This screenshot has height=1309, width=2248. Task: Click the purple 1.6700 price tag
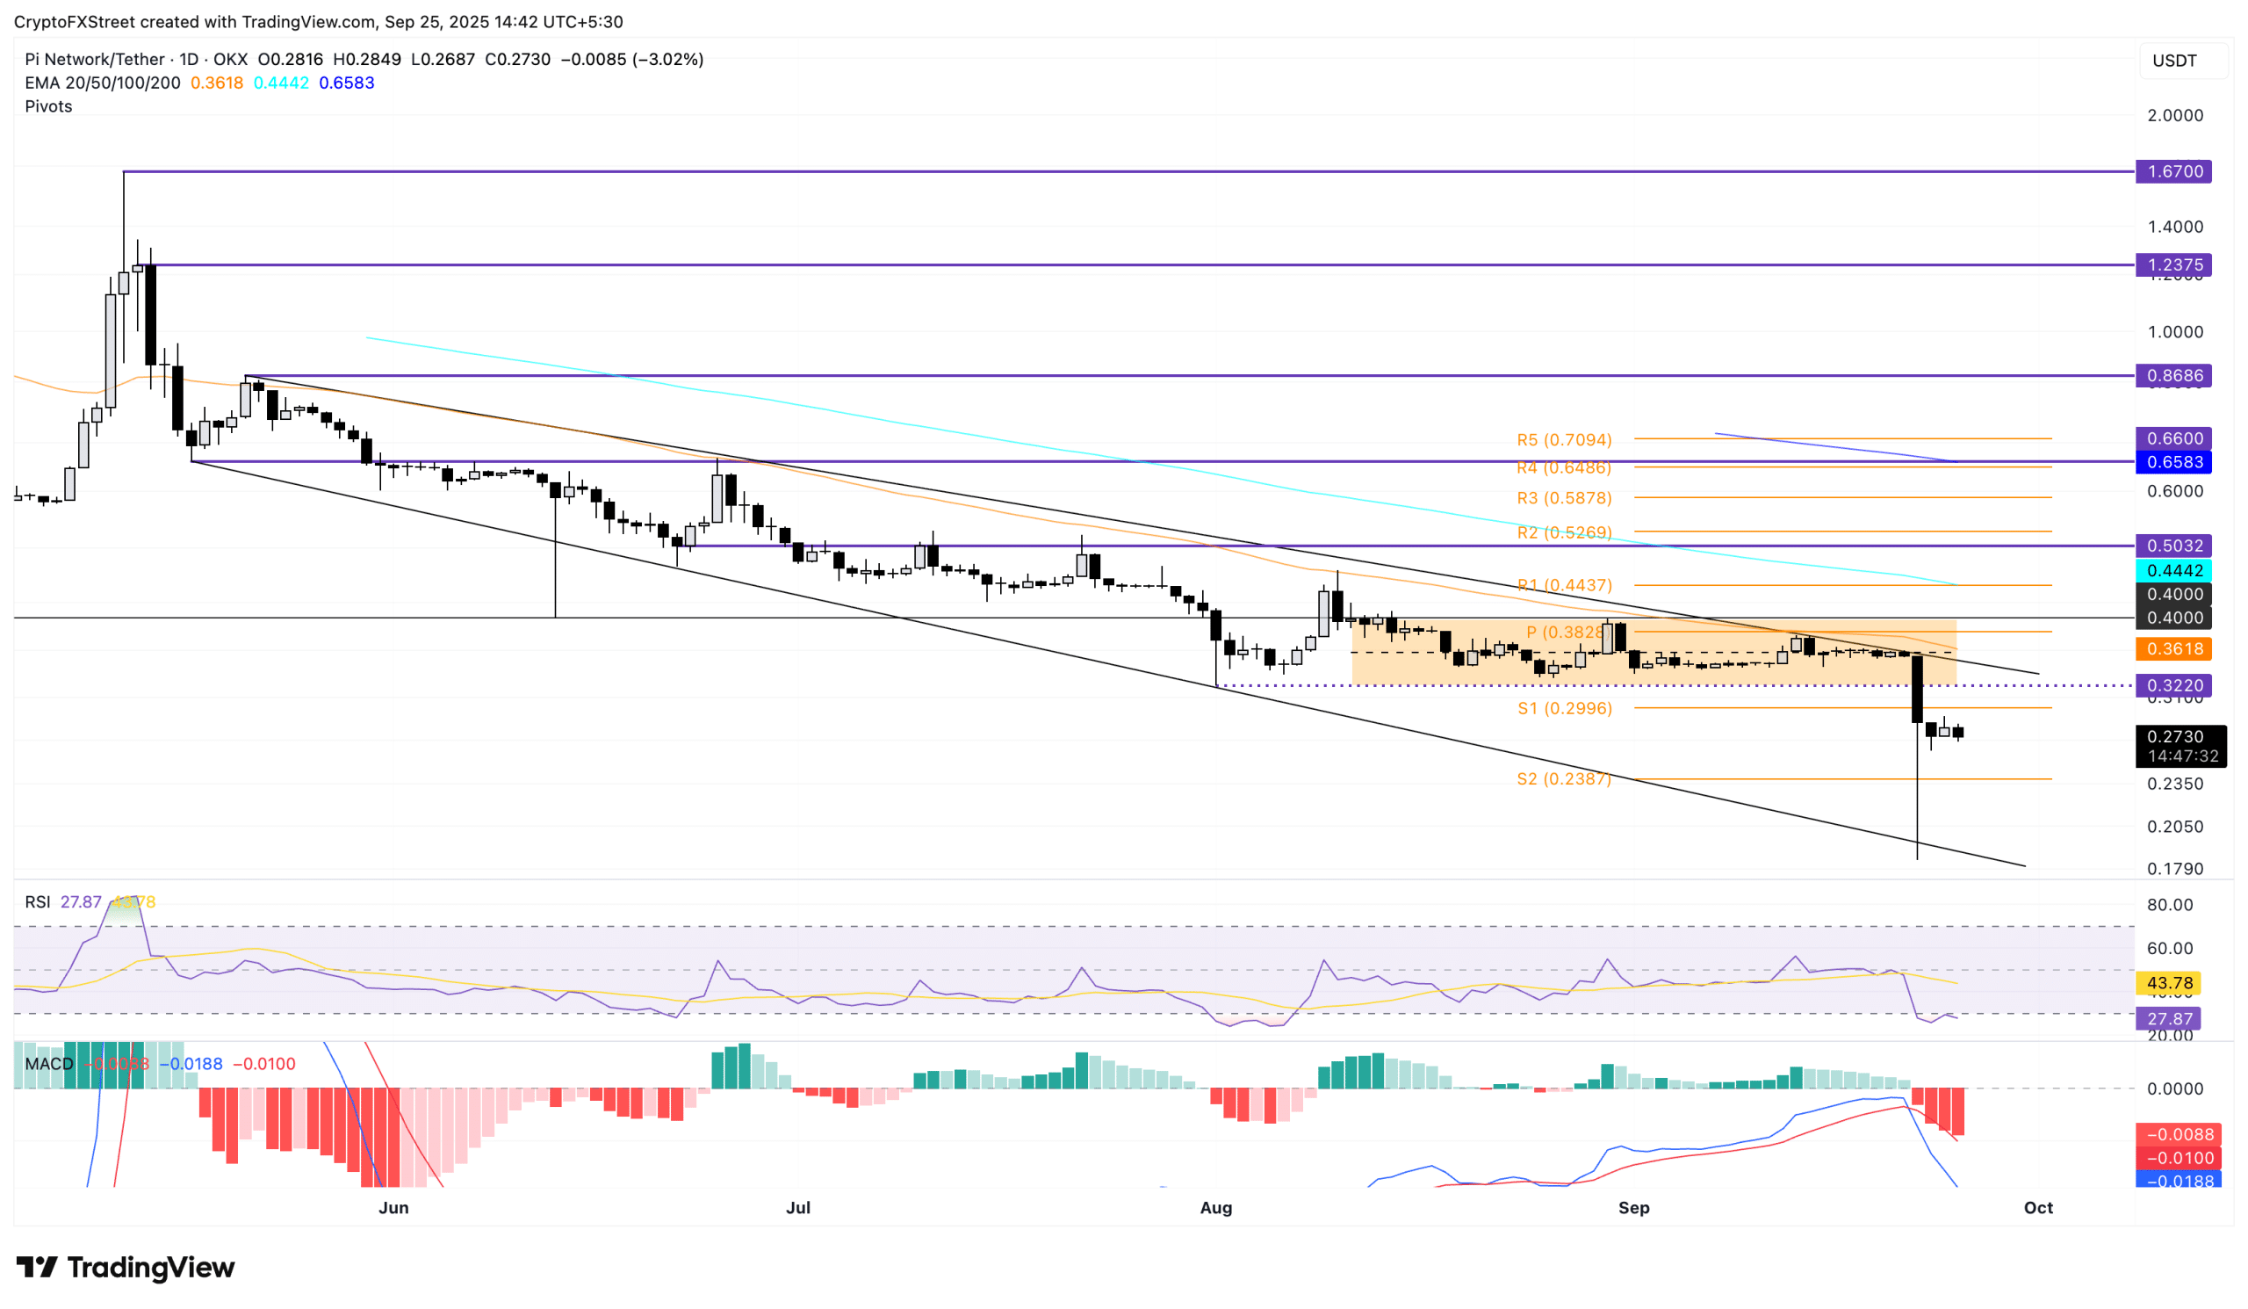(2173, 171)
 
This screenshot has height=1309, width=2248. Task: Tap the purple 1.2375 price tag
(2173, 265)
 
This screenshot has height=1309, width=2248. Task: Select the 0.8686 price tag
(2173, 376)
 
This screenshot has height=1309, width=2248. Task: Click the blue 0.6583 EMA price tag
(2173, 462)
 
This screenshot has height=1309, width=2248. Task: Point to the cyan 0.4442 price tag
(2173, 570)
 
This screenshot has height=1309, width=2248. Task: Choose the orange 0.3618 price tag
(2173, 648)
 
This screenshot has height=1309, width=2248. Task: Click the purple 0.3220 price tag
(2173, 685)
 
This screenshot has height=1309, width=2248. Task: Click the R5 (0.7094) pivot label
(1564, 440)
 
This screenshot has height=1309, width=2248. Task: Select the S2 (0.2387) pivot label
(1564, 779)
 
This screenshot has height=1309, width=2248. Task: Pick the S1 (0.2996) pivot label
(1564, 708)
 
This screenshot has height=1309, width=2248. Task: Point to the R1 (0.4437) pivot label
(1564, 585)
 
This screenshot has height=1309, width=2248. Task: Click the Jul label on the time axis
(797, 1207)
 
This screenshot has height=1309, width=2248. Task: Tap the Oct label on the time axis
(2037, 1207)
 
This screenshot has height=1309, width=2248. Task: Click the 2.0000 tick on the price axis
(2174, 115)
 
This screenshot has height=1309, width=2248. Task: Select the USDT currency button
(2174, 61)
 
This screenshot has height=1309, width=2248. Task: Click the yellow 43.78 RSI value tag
(2169, 983)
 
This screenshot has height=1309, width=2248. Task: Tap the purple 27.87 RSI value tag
(2169, 1019)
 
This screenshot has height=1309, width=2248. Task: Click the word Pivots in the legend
(48, 106)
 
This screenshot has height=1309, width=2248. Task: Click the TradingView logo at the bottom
(125, 1267)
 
